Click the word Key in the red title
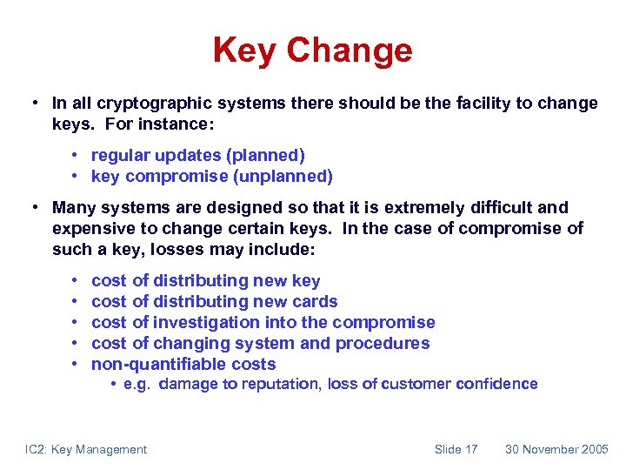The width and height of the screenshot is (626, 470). pyautogui.click(x=246, y=50)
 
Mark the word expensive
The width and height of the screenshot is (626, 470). pyautogui.click(x=90, y=229)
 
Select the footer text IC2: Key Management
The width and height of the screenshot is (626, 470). pyautogui.click(x=85, y=449)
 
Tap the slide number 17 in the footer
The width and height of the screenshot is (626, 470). pyautogui.click(x=470, y=449)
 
